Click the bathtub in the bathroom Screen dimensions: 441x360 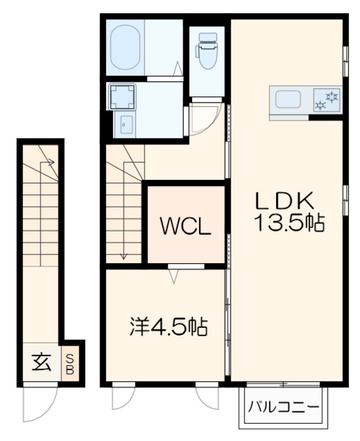[127, 47]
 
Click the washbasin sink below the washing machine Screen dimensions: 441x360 [126, 125]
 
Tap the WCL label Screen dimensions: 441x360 [185, 225]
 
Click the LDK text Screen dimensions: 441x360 [285, 201]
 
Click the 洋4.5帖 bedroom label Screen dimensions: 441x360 [168, 325]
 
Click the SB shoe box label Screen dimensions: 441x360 [71, 362]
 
